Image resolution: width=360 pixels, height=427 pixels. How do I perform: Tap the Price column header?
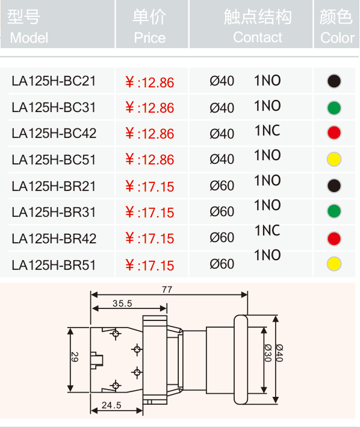click(149, 26)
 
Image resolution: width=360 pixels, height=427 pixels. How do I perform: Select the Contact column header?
click(258, 26)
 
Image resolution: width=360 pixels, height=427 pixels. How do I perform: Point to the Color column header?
click(337, 26)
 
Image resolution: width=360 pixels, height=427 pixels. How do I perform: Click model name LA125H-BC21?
click(54, 81)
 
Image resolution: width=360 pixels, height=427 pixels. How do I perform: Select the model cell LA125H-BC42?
click(54, 134)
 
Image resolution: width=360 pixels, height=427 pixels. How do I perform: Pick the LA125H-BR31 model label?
click(54, 212)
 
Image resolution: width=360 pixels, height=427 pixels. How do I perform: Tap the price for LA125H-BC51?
click(150, 160)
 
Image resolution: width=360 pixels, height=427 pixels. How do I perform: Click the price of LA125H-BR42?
click(150, 238)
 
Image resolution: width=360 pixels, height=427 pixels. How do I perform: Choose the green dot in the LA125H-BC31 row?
click(334, 108)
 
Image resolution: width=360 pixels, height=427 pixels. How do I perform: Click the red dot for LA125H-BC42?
click(334, 132)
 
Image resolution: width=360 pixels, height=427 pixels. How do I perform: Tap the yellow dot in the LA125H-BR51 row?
click(334, 264)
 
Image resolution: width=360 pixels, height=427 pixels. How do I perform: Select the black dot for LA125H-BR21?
click(334, 185)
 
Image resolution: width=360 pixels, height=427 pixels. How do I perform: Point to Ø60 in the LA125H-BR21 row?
click(222, 185)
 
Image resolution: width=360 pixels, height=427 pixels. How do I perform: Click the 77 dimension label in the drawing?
click(167, 290)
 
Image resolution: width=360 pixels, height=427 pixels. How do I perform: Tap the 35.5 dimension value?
click(122, 304)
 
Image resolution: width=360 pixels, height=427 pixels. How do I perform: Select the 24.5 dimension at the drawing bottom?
click(111, 405)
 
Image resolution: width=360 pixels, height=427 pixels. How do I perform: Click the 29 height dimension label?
click(75, 357)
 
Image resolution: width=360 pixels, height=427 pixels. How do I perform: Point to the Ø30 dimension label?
click(268, 353)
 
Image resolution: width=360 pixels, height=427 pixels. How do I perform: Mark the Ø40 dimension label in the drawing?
click(279, 353)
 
